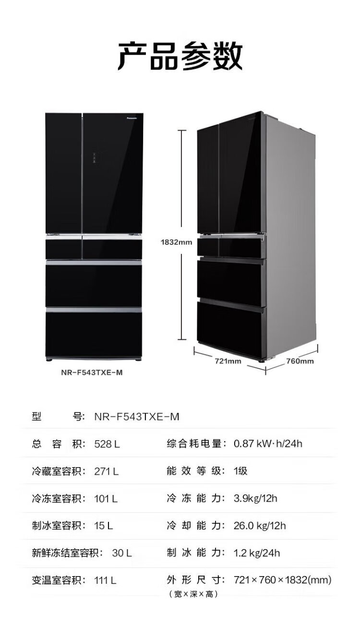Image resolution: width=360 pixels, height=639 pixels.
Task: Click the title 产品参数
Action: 180,56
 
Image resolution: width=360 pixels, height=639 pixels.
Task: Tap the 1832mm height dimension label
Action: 176,242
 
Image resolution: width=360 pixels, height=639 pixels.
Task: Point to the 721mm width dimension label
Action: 228,361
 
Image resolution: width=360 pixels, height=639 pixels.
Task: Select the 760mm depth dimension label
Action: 300,361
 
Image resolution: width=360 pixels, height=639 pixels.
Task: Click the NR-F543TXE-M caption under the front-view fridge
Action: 92,373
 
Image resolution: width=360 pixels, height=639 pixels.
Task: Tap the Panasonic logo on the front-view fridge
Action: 132,118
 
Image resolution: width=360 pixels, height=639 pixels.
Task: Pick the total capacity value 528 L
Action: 107,444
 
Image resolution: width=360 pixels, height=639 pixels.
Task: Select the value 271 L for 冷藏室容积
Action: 107,471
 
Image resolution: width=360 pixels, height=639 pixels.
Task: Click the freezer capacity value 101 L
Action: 106,499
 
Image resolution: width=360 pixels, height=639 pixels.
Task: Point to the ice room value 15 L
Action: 104,526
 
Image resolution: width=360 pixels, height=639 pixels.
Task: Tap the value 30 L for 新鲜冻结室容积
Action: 122,553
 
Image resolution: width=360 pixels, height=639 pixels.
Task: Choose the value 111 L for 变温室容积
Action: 105,580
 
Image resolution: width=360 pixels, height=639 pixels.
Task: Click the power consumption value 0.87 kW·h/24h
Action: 268,444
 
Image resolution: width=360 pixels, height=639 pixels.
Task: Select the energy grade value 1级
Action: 240,471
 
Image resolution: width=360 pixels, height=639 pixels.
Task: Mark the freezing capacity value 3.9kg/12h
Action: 255,499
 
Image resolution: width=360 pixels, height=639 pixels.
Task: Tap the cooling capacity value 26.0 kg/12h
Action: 260,526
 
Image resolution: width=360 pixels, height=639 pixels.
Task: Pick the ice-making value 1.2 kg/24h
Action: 257,553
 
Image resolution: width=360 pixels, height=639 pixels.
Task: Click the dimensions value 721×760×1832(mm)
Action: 282,580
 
